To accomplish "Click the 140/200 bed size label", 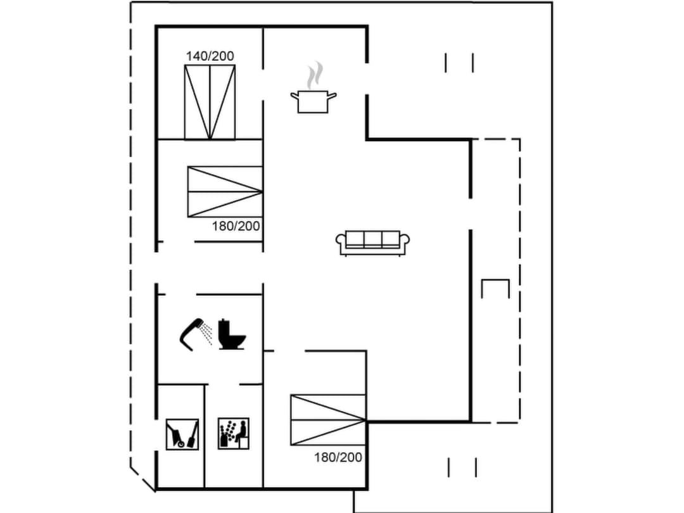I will click(x=210, y=56).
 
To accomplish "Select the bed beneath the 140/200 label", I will click(x=210, y=102).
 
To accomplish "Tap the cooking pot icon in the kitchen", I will click(x=313, y=101).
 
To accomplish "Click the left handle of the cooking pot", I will click(x=295, y=96).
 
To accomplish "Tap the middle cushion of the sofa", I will click(x=373, y=239).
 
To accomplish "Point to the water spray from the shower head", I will click(x=205, y=334).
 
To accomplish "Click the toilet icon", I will click(x=231, y=334).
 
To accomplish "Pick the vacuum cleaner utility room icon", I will click(x=182, y=434).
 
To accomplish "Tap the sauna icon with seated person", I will click(x=233, y=434).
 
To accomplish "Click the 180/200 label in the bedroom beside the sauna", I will click(x=338, y=457).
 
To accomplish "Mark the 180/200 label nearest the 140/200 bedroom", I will click(x=236, y=226).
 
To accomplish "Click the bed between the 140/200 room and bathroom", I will click(x=225, y=191).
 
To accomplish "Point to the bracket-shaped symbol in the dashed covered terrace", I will click(x=495, y=288).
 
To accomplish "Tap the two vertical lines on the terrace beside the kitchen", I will click(x=459, y=63).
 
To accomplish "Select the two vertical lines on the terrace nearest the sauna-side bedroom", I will click(x=462, y=467).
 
